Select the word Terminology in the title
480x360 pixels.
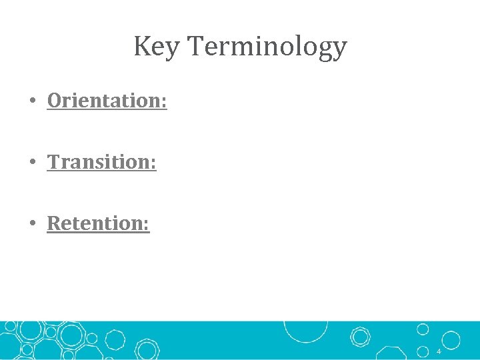point(267,47)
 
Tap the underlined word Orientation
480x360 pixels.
point(104,101)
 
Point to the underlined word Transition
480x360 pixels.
point(99,162)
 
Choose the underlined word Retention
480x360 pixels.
point(96,223)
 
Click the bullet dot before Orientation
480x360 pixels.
point(32,101)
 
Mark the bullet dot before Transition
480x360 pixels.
point(32,163)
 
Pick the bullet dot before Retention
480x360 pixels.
point(32,224)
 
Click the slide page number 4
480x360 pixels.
point(439,351)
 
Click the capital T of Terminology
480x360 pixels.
point(196,47)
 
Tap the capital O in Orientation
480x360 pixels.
point(55,101)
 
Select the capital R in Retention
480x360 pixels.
point(54,223)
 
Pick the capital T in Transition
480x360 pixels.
point(54,162)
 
